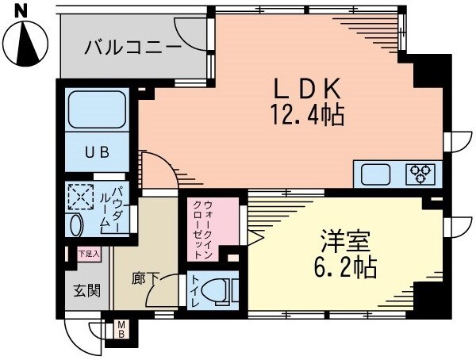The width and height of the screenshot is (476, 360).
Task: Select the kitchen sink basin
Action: tap(378, 173)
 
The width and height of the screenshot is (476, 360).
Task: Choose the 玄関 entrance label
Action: tap(86, 290)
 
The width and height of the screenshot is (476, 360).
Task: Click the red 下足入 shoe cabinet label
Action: tap(88, 255)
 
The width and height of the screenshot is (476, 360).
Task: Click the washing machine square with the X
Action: tap(82, 196)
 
